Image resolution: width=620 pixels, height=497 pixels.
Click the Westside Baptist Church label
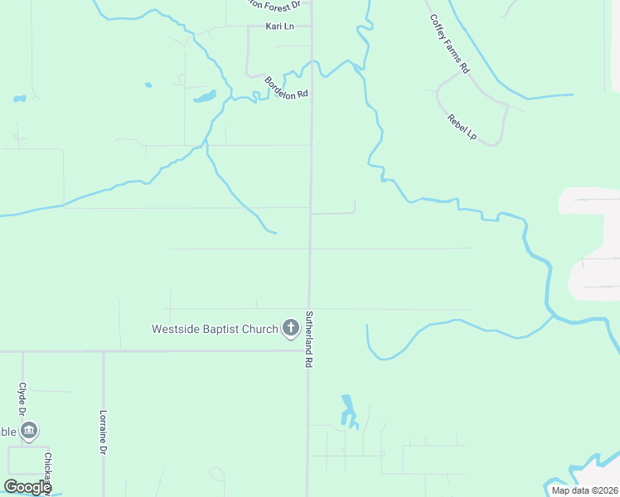coord(215,329)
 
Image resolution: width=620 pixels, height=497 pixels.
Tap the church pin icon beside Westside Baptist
coord(290,328)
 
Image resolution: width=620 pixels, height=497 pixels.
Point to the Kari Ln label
coord(279,27)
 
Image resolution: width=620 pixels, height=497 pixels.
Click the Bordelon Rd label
coord(286,88)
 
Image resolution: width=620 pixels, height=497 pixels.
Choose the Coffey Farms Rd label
coord(449,45)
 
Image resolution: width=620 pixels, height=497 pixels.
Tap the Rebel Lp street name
coord(462,127)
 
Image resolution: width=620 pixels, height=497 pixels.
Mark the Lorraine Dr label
coord(104,432)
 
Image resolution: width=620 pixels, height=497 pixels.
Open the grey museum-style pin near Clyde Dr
coord(29,431)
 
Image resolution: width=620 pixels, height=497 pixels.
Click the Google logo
coord(27,487)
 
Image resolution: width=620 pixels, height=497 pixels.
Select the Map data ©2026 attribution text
coord(584,490)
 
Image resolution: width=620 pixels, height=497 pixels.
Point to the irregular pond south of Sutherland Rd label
coord(347,409)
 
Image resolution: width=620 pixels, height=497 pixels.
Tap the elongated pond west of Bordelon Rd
coord(205,97)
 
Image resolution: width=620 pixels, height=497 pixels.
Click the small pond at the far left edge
coord(19,99)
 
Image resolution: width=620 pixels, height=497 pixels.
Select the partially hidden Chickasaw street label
coord(48,472)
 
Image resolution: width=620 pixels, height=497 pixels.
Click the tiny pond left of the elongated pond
coord(148,84)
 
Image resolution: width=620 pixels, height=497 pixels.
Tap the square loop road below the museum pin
coord(27,460)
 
